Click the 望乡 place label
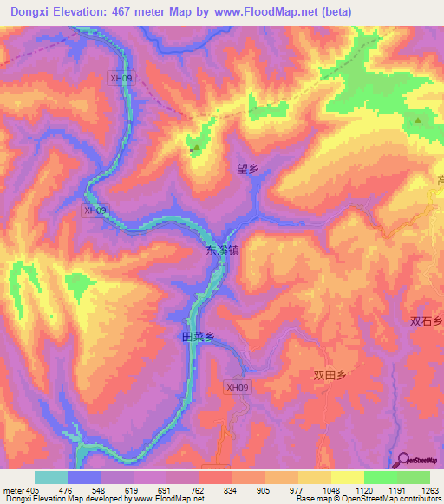248,169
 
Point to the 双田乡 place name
330,375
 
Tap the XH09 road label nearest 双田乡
237,388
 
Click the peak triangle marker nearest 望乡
196,147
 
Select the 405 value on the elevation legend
34,489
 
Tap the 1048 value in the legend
330,489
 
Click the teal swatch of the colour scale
51,477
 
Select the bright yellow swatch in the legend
348,477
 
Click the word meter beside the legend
13,489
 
